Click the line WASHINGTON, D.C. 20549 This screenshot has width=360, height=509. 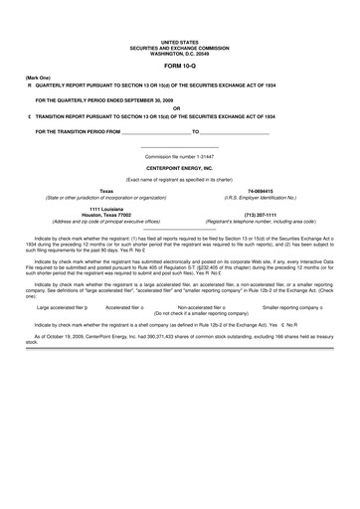click(x=179, y=51)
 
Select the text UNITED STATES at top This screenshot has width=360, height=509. click(x=179, y=41)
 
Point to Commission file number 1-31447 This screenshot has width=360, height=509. click(x=179, y=156)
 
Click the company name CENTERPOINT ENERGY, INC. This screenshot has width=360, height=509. click(x=179, y=168)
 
